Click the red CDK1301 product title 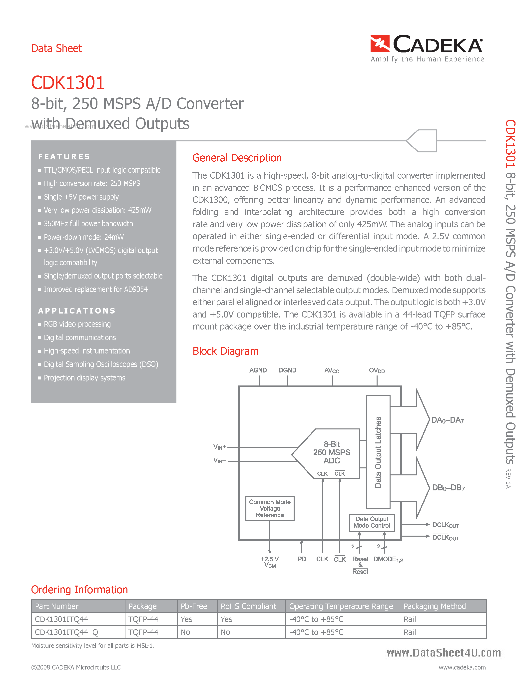[x=68, y=83]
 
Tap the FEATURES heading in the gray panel [x=64, y=157]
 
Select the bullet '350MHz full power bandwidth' [x=88, y=224]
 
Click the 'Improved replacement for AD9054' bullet [x=96, y=289]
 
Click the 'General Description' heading [x=237, y=158]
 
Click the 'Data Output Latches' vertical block [x=378, y=452]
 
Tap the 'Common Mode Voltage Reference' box [x=270, y=508]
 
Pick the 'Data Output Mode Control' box [x=372, y=522]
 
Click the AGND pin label [x=258, y=370]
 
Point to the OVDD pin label [x=377, y=370]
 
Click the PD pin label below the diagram [x=301, y=559]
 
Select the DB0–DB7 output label [x=448, y=488]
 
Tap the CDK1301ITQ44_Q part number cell [x=66, y=632]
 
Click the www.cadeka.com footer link [x=462, y=667]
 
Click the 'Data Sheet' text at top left [x=57, y=48]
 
